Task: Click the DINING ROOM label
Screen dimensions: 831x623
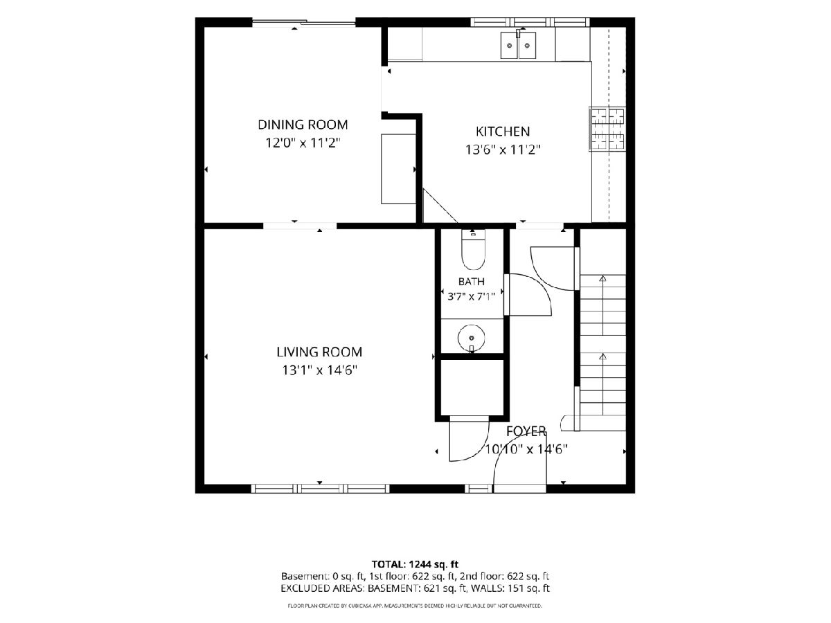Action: (303, 125)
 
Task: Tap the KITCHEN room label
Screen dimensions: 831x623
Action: (502, 132)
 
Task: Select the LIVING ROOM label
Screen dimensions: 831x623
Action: (319, 352)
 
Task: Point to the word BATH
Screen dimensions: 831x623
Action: (472, 282)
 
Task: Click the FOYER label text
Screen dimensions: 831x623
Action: (526, 431)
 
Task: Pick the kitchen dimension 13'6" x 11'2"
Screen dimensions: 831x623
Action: (502, 150)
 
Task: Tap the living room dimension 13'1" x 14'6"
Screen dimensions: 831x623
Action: (319, 370)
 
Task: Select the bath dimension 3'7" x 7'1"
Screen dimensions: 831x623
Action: (471, 296)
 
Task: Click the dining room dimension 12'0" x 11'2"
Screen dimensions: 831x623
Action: (303, 143)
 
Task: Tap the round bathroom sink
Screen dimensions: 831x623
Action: (472, 338)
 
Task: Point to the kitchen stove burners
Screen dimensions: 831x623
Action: (607, 129)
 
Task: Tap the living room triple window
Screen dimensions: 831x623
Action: (320, 488)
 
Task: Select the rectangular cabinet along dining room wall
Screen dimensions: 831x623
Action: (399, 169)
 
